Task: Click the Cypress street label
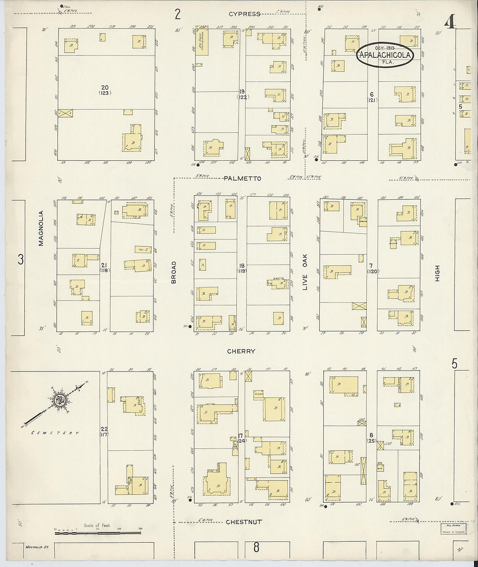[x=245, y=14]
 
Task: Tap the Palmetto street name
[x=242, y=179]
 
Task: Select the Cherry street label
[x=241, y=351]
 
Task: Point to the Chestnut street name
[x=243, y=522]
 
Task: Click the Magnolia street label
[x=41, y=228]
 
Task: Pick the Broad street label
[x=174, y=272]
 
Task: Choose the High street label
[x=437, y=273]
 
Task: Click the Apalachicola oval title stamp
[x=385, y=55]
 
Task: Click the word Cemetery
[x=55, y=433]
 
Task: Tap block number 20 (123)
[x=105, y=90]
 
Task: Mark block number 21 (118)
[x=104, y=268]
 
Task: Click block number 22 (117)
[x=103, y=431]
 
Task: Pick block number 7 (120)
[x=372, y=268]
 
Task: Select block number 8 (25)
[x=371, y=438]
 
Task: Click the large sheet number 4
[x=451, y=22]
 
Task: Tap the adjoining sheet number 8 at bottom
[x=256, y=547]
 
